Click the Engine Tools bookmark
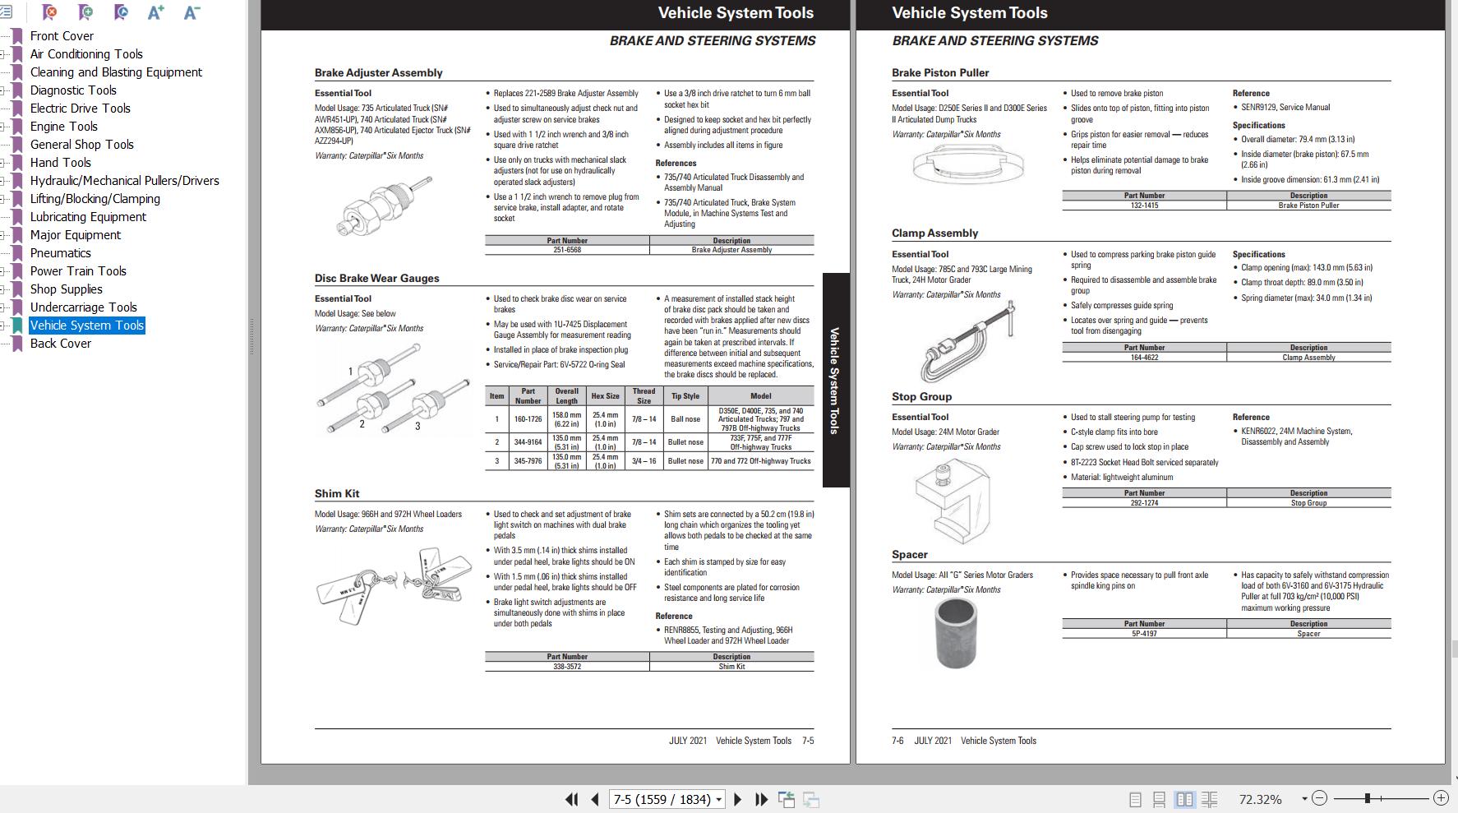pyautogui.click(x=63, y=127)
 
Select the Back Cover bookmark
pyautogui.click(x=60, y=344)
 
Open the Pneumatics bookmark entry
pyautogui.click(x=60, y=253)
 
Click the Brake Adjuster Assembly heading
pyautogui.click(x=378, y=72)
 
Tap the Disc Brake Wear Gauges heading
pyautogui.click(x=376, y=278)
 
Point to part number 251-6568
pyautogui.click(x=566, y=250)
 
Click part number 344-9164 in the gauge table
pyautogui.click(x=528, y=442)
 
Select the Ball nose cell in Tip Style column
pyautogui.click(x=685, y=419)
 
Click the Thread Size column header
pyautogui.click(x=644, y=396)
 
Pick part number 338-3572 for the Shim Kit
pyautogui.click(x=566, y=667)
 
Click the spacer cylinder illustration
pyautogui.click(x=956, y=632)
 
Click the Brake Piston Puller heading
pyautogui.click(x=940, y=72)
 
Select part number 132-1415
pyautogui.click(x=1144, y=206)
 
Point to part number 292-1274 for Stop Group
pyautogui.click(x=1144, y=503)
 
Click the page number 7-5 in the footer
pyautogui.click(x=808, y=741)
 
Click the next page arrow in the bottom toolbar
pyautogui.click(x=737, y=799)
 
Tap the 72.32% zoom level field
pyautogui.click(x=1260, y=799)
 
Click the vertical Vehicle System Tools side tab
pyautogui.click(x=834, y=380)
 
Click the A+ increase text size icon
pyautogui.click(x=155, y=12)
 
